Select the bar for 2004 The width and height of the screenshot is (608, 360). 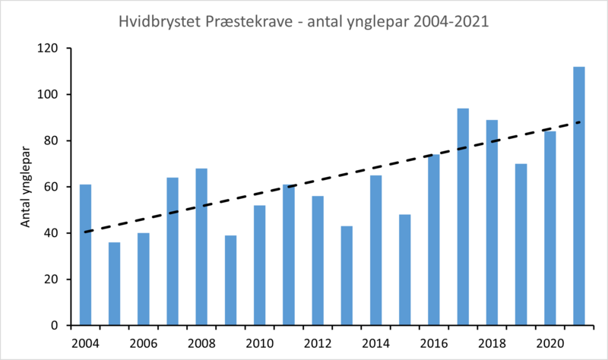85,254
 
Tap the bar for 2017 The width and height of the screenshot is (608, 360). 463,216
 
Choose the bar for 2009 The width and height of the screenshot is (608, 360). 230,280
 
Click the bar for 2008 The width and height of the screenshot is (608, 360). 201,247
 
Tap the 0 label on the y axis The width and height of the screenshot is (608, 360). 55,326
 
